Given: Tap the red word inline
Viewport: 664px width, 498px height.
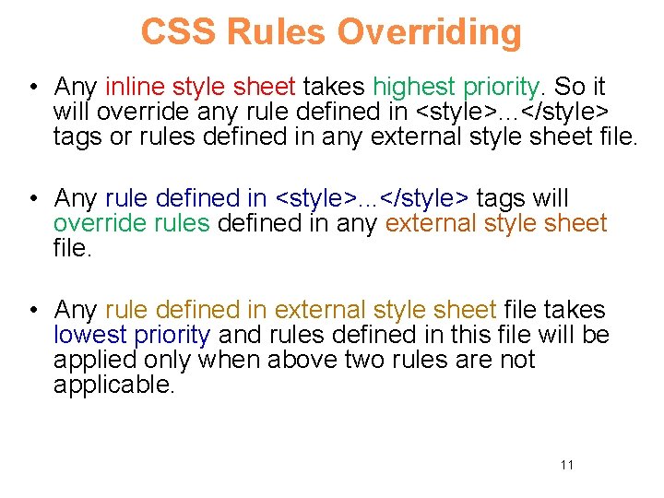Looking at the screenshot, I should click(135, 88).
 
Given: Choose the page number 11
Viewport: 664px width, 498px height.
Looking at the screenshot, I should click(566, 465).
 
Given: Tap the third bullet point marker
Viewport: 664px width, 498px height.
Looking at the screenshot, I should click(32, 311).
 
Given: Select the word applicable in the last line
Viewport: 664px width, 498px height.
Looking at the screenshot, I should click(113, 385).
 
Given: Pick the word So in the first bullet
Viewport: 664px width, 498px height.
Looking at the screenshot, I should click(569, 88).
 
